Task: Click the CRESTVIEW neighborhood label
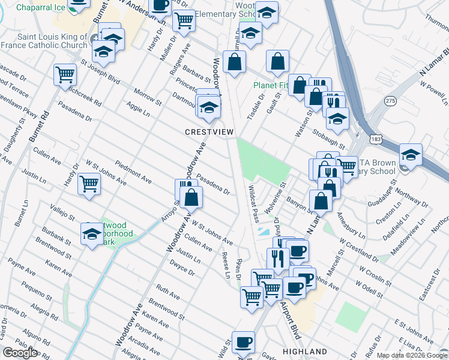click(209, 131)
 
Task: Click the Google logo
click(20, 353)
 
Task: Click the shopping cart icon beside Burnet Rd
click(64, 76)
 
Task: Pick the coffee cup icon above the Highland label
click(243, 341)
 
